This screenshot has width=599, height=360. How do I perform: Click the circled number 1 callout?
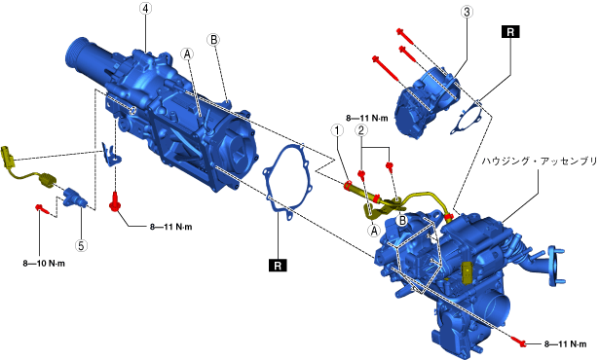click(x=337, y=130)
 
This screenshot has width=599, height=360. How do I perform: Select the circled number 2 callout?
click(x=361, y=130)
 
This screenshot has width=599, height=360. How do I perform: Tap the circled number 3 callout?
click(x=467, y=12)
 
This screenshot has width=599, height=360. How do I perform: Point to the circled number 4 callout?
click(x=145, y=9)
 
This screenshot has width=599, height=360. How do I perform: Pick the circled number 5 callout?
click(x=81, y=245)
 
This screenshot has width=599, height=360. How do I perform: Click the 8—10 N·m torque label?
click(x=44, y=264)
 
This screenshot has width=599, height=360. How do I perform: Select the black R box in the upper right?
click(x=510, y=32)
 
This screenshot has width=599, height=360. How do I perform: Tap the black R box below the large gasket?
click(x=278, y=266)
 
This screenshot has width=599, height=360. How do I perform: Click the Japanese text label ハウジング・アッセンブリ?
click(x=539, y=162)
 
